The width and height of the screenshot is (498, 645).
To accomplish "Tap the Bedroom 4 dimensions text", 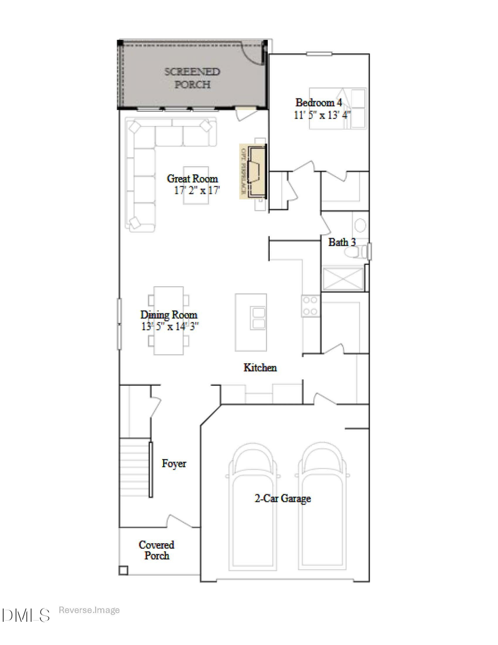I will coord(322,115).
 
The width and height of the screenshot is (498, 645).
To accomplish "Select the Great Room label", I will coord(193,179).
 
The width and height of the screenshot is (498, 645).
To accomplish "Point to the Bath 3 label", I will coord(342,242).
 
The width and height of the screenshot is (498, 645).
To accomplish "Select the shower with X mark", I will coord(344,279).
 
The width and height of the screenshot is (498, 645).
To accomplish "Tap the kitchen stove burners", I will coord(310,306).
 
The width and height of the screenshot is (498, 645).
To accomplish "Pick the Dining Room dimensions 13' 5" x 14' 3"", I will coord(169,326).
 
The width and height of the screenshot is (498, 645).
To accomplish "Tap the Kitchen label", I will coord(260,368).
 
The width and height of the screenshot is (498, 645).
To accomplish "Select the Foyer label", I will coord(174,464).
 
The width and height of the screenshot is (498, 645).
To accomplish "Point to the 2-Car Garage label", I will coord(283,498).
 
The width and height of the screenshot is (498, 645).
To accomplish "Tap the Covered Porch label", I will coord(157,550).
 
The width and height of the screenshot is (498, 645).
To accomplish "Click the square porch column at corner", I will coord(123,570).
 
